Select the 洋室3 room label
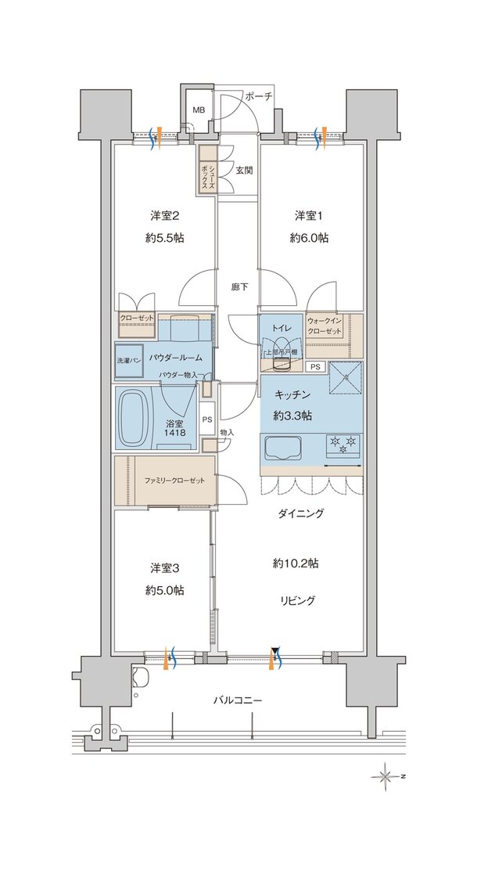pos(163,567)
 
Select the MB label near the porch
pos(199,110)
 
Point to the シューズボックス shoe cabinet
pos(206,171)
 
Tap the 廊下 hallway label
pos(239,287)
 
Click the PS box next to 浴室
pos(206,419)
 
